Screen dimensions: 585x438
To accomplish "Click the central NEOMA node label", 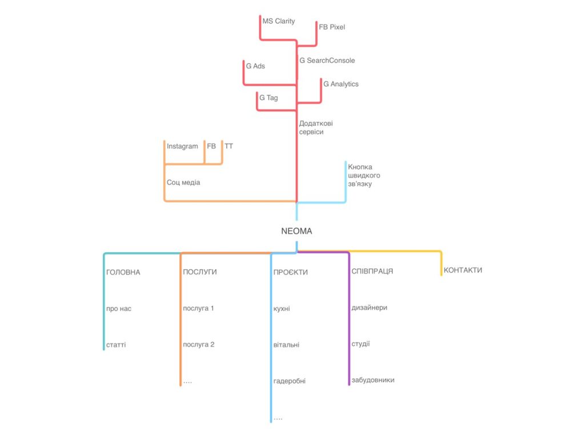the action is tap(296, 231).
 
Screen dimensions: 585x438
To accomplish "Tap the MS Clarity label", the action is tap(279, 21).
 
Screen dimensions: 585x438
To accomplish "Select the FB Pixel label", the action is tap(332, 27).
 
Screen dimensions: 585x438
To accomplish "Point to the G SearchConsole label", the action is tap(327, 60).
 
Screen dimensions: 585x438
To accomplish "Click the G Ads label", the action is tap(255, 66).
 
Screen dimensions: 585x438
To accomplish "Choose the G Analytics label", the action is tap(341, 84).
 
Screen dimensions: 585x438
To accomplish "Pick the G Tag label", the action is tap(269, 98).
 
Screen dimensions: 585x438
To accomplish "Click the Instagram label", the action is tap(182, 147).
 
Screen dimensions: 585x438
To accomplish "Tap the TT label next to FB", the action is tap(229, 146).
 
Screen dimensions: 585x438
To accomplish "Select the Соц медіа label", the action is tap(183, 182).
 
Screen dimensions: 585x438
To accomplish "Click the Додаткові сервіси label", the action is tap(315, 127).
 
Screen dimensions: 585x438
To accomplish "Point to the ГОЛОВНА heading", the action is tap(123, 272).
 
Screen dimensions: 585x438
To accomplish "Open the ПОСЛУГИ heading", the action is tap(199, 272).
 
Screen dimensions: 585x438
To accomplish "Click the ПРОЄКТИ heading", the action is tap(291, 272).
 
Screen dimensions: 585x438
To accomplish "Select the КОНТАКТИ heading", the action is tap(463, 270).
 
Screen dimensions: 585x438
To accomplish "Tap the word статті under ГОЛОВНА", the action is tap(116, 345).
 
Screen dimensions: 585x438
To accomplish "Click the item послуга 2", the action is tap(198, 344).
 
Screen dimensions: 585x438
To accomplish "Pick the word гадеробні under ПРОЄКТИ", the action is tap(290, 381).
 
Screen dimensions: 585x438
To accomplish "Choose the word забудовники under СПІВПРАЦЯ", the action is tap(373, 380).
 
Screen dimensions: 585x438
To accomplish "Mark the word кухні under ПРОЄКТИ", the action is tap(282, 309).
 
